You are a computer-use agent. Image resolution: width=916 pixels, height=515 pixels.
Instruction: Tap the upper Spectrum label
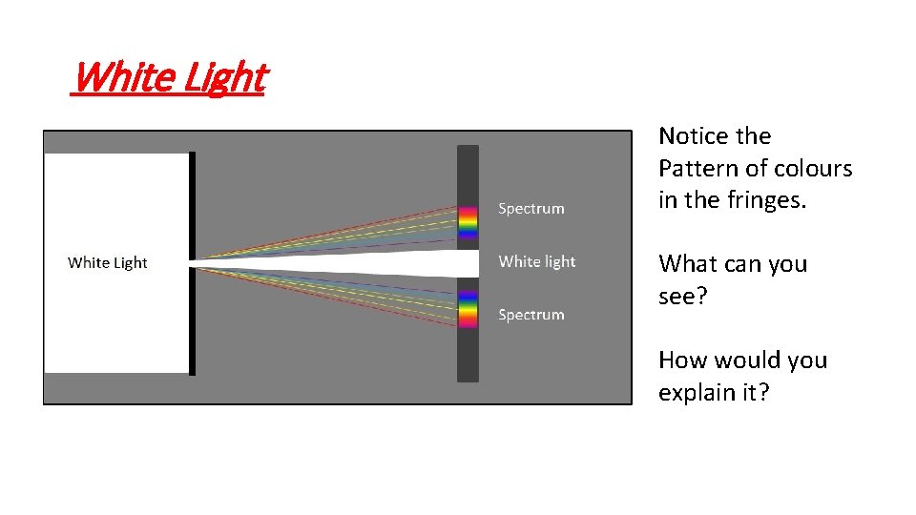pyautogui.click(x=531, y=209)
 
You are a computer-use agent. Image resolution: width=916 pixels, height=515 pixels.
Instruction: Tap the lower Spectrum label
pyautogui.click(x=531, y=315)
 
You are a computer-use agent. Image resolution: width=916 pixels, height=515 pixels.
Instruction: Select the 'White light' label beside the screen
pyautogui.click(x=537, y=261)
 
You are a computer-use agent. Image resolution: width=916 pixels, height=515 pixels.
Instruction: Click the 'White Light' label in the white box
pyautogui.click(x=108, y=262)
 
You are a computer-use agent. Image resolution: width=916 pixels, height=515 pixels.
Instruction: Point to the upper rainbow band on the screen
pyautogui.click(x=468, y=221)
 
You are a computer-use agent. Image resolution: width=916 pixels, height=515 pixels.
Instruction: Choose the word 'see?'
pyautogui.click(x=682, y=296)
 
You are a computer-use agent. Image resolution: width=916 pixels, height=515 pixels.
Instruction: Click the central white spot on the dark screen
pyautogui.click(x=468, y=262)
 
